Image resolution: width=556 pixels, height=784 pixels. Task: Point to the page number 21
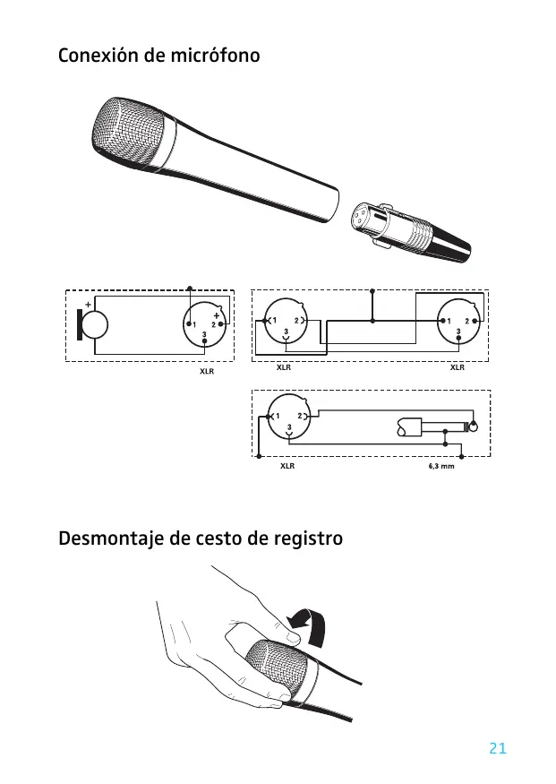coord(499,748)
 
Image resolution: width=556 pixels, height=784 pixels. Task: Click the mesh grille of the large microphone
coord(130,134)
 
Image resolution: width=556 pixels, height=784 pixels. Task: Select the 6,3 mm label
coord(441,467)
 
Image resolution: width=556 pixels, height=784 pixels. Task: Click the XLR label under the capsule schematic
coord(206,370)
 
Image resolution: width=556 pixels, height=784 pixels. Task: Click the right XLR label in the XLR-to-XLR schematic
coord(457,367)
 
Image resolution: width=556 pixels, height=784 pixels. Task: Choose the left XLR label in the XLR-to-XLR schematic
coord(284,367)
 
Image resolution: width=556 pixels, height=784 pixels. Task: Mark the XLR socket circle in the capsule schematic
coord(205,323)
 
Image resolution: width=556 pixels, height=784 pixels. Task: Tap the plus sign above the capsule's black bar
coord(87,304)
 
